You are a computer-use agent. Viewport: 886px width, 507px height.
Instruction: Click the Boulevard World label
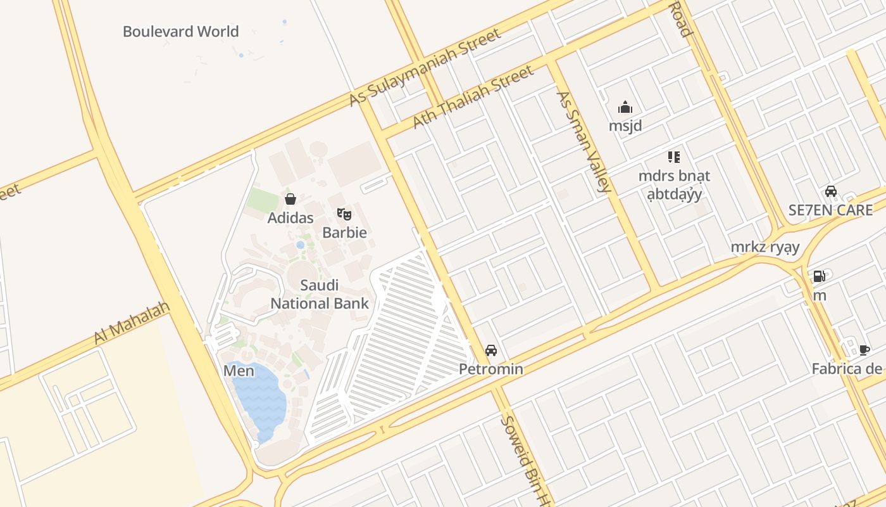tap(180, 32)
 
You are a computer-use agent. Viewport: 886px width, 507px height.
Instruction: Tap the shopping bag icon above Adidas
tap(290, 200)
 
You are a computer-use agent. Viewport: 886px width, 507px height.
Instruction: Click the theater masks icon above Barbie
tap(344, 214)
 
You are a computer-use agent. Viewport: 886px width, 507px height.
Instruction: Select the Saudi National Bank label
tap(320, 294)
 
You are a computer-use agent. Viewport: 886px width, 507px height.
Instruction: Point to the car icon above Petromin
tap(490, 350)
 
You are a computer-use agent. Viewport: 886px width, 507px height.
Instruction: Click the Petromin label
tap(490, 369)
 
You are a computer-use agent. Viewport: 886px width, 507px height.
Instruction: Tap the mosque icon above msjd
tap(625, 107)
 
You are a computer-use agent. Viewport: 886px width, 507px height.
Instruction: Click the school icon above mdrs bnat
tap(673, 157)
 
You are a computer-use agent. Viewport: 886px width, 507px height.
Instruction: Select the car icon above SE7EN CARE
tap(830, 191)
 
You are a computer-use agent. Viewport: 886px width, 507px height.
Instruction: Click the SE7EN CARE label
tap(830, 210)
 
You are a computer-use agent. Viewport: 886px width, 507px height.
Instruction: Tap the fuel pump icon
tap(819, 276)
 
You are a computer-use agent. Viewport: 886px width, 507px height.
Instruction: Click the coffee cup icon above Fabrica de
tap(864, 350)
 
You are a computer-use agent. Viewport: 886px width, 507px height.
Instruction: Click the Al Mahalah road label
tap(132, 323)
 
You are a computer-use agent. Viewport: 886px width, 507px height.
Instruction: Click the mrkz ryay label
tap(765, 247)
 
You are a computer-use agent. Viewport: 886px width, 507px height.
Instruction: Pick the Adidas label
tap(290, 218)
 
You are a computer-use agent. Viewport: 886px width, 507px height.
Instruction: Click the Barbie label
tap(344, 233)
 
